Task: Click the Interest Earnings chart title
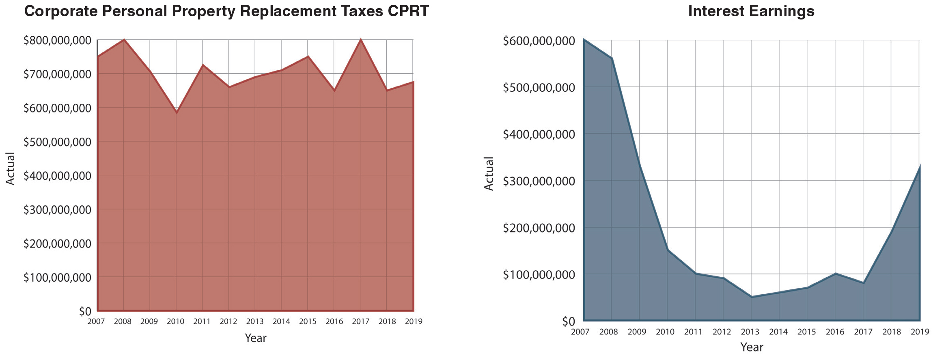point(751,11)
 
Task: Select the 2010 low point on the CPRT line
point(177,112)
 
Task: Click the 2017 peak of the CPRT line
point(360,40)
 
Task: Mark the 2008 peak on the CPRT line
point(124,40)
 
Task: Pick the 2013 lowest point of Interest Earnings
point(751,297)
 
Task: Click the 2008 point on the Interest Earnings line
point(612,58)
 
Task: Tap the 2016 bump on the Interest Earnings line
point(836,274)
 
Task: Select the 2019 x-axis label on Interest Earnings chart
point(920,332)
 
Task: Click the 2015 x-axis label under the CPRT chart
point(308,321)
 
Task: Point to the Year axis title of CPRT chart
point(255,338)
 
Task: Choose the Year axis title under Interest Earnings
point(751,347)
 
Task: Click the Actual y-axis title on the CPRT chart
point(10,168)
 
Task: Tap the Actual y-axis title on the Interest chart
point(489,174)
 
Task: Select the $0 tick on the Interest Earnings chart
point(568,321)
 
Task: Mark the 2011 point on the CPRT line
point(203,65)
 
